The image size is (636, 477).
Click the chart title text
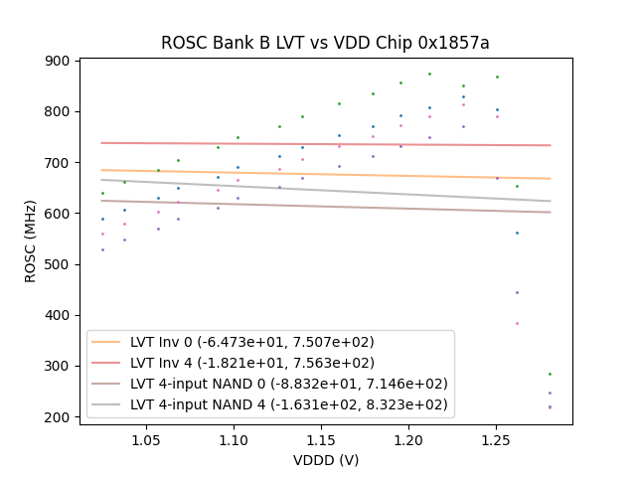[x=325, y=43]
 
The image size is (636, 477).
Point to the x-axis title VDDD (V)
[x=326, y=460]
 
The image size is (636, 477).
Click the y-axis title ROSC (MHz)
[x=30, y=238]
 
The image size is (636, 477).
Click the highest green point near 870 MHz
[x=429, y=74]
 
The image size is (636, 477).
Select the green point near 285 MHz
[x=550, y=374]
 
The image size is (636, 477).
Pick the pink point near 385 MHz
[x=517, y=323]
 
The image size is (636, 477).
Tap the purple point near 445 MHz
[x=517, y=292]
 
